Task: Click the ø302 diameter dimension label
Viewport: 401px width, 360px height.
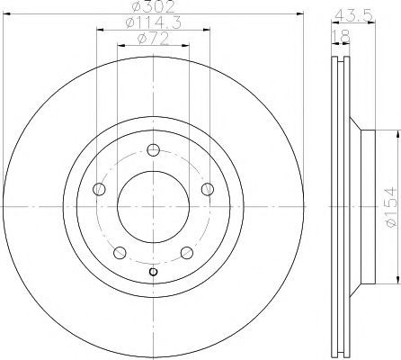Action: pyautogui.click(x=154, y=6)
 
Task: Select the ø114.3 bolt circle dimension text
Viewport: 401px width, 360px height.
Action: pyautogui.click(x=154, y=22)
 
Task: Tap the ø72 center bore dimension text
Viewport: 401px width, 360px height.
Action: pyautogui.click(x=154, y=39)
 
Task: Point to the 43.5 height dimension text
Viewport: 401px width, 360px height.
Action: pyautogui.click(x=353, y=15)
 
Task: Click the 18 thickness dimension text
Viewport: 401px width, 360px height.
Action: pyautogui.click(x=342, y=37)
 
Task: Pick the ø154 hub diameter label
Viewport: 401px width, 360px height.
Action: pyautogui.click(x=391, y=207)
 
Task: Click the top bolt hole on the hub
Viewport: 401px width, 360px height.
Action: pyautogui.click(x=154, y=149)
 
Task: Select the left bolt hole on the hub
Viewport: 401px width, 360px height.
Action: pyautogui.click(x=99, y=189)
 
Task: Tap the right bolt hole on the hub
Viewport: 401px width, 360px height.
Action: pyautogui.click(x=208, y=189)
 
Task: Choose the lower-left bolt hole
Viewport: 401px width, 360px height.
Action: pyautogui.click(x=120, y=253)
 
